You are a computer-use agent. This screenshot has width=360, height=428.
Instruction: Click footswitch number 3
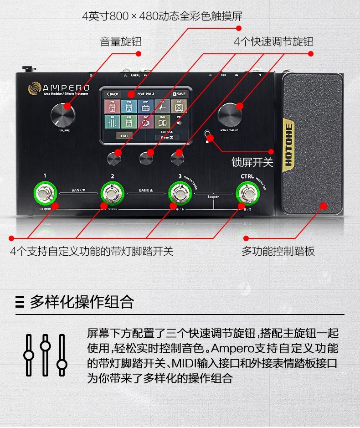(180, 194)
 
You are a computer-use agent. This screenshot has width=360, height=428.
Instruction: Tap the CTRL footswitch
(249, 194)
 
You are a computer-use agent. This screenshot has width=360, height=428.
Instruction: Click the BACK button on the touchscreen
(112, 94)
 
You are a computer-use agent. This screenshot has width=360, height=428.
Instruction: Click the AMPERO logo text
(66, 87)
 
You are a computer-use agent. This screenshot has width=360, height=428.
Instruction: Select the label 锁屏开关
(252, 162)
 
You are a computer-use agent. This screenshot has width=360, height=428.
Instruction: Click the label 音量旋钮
(121, 42)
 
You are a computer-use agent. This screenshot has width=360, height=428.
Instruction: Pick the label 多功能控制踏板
(278, 251)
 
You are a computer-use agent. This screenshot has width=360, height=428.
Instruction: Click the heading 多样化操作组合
(82, 301)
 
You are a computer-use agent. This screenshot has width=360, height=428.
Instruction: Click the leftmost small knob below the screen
(114, 158)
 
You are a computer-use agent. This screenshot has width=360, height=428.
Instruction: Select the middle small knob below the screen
(146, 158)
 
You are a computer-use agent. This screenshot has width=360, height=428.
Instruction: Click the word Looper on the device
(213, 197)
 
